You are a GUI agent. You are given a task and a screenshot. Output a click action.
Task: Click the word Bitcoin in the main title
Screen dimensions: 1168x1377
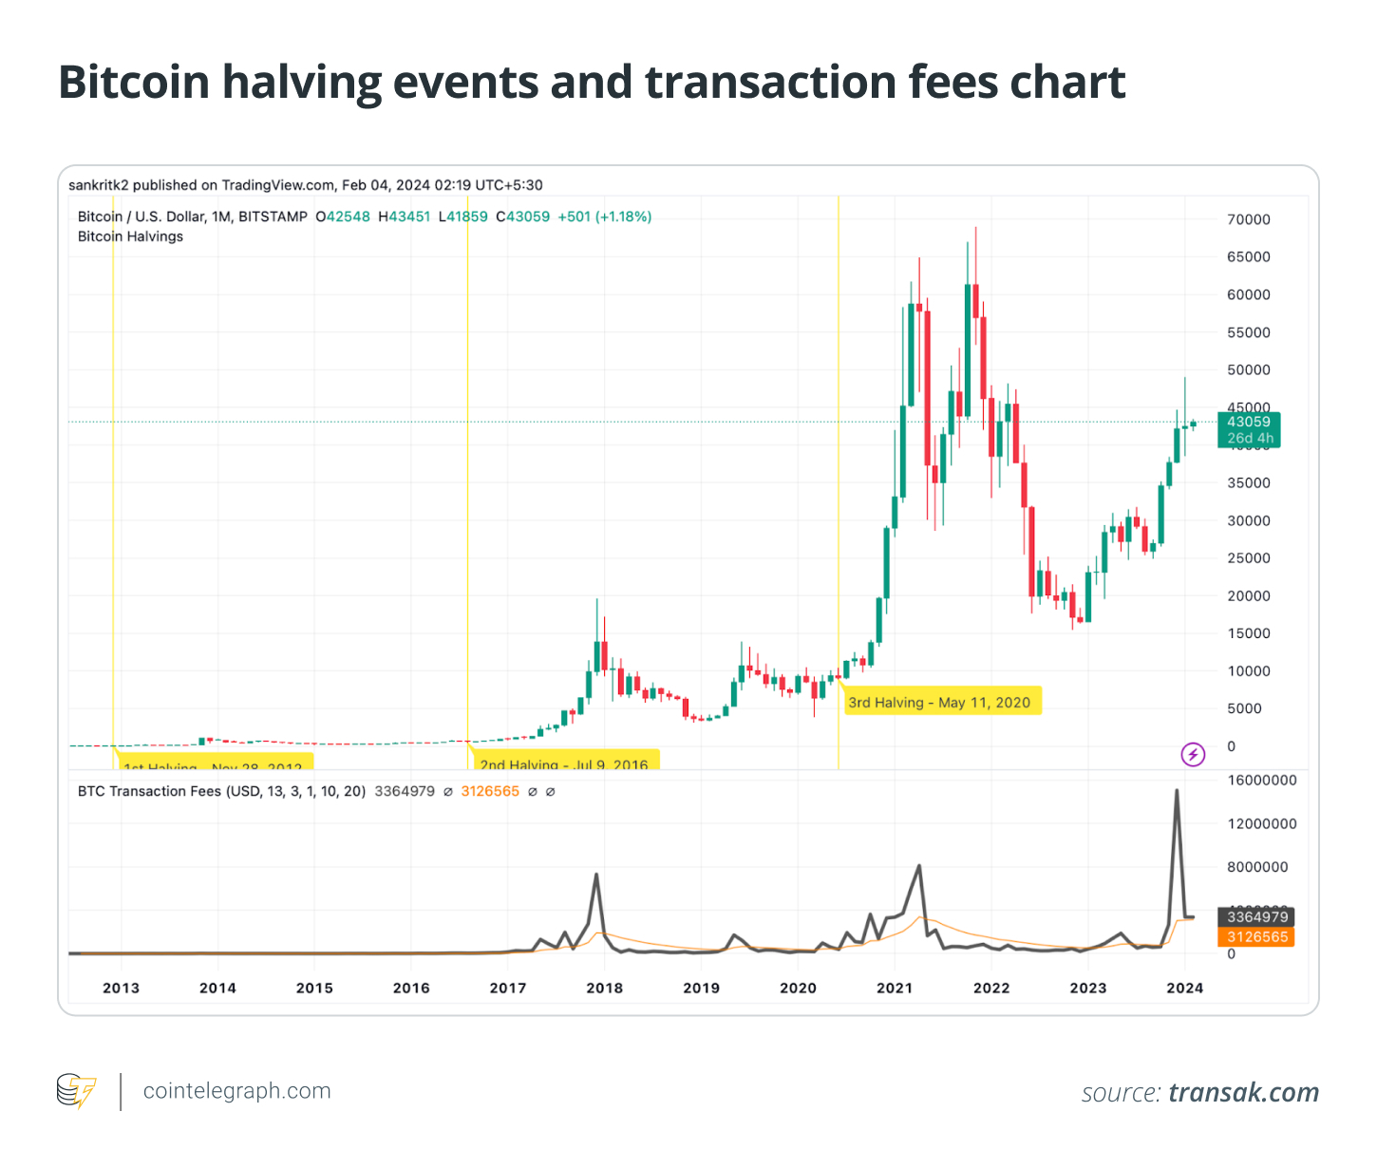(134, 83)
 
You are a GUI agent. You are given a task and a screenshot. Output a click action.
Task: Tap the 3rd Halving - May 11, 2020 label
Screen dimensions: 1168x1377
(939, 703)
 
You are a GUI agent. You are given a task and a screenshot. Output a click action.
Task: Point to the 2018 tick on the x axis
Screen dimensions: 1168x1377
(605, 988)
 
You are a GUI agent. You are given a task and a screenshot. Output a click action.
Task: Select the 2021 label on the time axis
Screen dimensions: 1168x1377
(895, 988)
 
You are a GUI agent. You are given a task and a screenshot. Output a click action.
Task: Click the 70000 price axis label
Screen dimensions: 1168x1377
(1248, 219)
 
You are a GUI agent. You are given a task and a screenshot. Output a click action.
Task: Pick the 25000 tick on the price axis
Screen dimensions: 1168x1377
(1248, 558)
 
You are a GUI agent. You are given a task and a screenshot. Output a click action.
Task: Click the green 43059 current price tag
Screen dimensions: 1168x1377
(1248, 422)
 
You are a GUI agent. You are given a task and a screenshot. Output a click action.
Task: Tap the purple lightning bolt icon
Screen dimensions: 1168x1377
(1193, 755)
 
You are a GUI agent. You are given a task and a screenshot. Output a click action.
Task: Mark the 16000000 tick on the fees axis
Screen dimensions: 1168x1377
(1262, 781)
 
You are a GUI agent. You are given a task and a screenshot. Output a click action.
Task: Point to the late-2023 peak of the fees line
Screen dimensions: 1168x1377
(1177, 790)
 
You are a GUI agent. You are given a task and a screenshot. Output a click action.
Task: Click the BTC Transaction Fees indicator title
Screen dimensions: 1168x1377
(221, 791)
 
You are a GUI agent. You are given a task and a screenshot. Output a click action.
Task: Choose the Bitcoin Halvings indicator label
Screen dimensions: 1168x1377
(130, 236)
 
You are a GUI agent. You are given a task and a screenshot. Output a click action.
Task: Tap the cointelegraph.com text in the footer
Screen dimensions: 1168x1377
(236, 1091)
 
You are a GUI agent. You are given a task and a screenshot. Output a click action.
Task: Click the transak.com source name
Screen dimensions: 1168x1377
(1243, 1092)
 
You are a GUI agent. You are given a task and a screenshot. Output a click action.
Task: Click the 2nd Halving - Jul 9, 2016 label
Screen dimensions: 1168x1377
(564, 763)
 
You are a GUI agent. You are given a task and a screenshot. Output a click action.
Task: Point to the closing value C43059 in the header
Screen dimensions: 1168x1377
(523, 217)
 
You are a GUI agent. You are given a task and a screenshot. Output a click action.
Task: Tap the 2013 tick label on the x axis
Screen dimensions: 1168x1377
(121, 988)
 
